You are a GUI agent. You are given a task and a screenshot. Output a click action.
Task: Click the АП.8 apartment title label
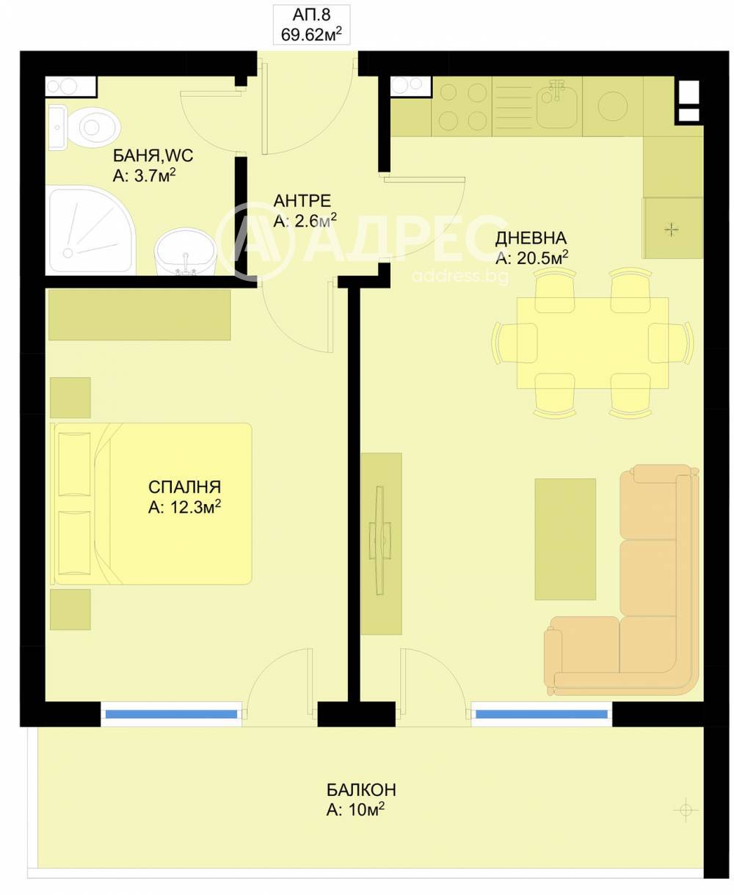tap(311, 15)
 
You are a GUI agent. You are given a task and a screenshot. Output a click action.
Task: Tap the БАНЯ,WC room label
tap(153, 156)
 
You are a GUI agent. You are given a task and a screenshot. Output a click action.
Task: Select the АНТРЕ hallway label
tap(302, 201)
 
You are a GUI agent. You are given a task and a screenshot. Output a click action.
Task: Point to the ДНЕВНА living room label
tap(531, 238)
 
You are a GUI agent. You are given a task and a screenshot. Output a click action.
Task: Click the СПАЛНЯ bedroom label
tap(185, 487)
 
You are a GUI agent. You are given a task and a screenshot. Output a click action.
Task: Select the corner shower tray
tap(91, 230)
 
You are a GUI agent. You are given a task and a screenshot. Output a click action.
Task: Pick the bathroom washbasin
tap(186, 252)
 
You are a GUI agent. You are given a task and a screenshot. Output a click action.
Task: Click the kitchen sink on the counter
tap(556, 107)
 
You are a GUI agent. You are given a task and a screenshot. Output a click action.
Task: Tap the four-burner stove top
tap(462, 106)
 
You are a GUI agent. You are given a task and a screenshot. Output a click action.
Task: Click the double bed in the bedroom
tap(151, 503)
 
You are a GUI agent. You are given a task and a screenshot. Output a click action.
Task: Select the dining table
tap(592, 343)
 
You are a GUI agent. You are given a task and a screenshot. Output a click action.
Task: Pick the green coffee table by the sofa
tap(565, 539)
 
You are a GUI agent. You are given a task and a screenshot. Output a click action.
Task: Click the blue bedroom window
tap(171, 715)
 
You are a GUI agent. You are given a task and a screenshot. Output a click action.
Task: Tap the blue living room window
tap(542, 715)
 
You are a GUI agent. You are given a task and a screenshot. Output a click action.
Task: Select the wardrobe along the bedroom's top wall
tap(139, 315)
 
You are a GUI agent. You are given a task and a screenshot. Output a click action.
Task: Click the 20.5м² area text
tap(542, 257)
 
